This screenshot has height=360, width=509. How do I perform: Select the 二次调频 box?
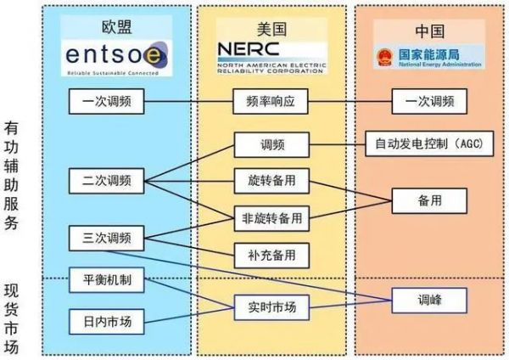(x=109, y=180)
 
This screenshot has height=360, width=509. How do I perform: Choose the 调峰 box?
(x=428, y=299)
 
